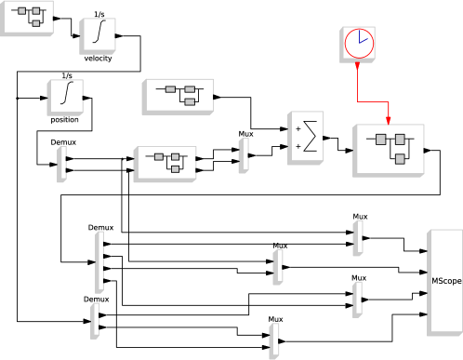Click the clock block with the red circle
pos(358,44)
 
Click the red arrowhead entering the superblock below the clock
pos(389,119)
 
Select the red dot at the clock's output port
pos(358,64)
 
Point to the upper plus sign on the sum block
pos(298,128)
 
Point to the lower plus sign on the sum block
pos(298,147)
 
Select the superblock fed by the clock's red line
pos(389,149)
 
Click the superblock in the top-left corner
pos(27,17)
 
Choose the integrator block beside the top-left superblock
pos(97,35)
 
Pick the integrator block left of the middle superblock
pos(65,97)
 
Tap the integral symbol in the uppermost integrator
pos(98,33)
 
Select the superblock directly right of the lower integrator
pos(177,96)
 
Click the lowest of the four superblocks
pos(165,163)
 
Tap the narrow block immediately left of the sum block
pos(244,155)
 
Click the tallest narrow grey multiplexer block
pos(99,261)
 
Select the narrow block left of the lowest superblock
pos(61,164)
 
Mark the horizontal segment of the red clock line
pos(373,101)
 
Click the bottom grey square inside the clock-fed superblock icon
pos(400,159)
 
